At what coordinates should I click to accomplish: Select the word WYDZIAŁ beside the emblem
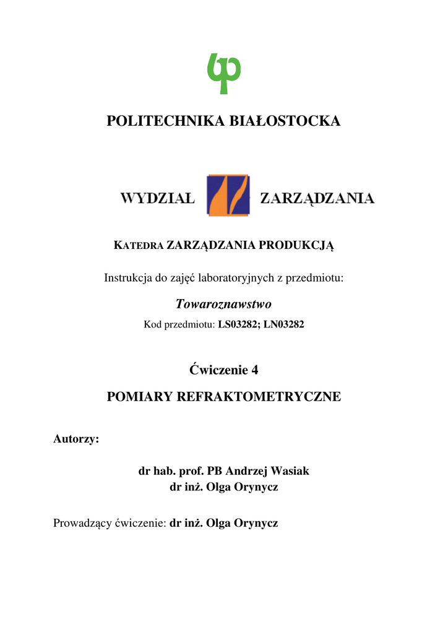pos(157,198)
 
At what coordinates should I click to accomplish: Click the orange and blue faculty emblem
pos(228,195)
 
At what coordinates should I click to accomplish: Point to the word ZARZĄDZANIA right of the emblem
pos(317,198)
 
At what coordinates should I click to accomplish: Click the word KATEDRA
pos(139,246)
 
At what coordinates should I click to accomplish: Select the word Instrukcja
pos(126,278)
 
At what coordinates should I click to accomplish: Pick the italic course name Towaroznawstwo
pos(223,304)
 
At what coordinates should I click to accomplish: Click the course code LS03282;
pos(239,324)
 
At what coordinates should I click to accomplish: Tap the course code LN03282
pos(284,324)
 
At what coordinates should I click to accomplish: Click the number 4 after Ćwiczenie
pos(254,370)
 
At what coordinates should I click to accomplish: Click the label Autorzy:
pos(76,439)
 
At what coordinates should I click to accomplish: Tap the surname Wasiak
pos(290,471)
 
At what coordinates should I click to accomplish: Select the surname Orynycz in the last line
pos(256,524)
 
